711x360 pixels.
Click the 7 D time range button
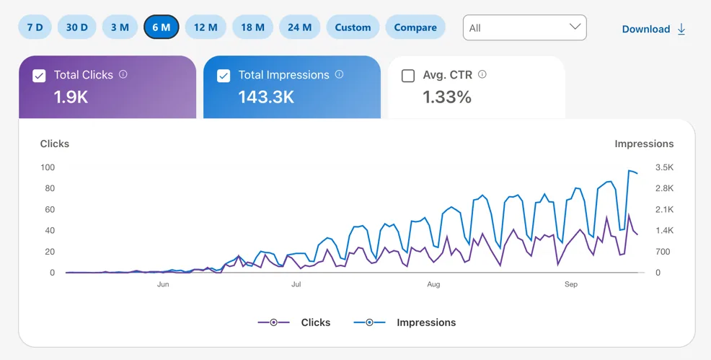pos(35,27)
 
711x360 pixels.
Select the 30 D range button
pos(76,27)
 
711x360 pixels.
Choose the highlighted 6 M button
pos(162,27)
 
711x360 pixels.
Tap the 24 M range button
pos(300,27)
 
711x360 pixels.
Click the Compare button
pos(415,27)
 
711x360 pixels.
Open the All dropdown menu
pos(525,27)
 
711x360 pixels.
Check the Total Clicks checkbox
pos(39,76)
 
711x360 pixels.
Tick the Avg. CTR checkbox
pos(408,76)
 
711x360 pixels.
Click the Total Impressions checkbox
pos(224,76)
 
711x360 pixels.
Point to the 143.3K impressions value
pos(266,97)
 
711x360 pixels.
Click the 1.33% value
pos(447,97)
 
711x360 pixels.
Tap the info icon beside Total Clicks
pos(123,74)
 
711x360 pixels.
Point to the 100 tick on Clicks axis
pos(47,167)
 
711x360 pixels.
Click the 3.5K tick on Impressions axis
pos(664,167)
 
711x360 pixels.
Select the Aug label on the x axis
pos(433,284)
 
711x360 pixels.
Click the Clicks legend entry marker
pos(274,322)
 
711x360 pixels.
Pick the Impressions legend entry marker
pos(369,322)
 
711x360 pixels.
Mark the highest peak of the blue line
pos(629,170)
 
